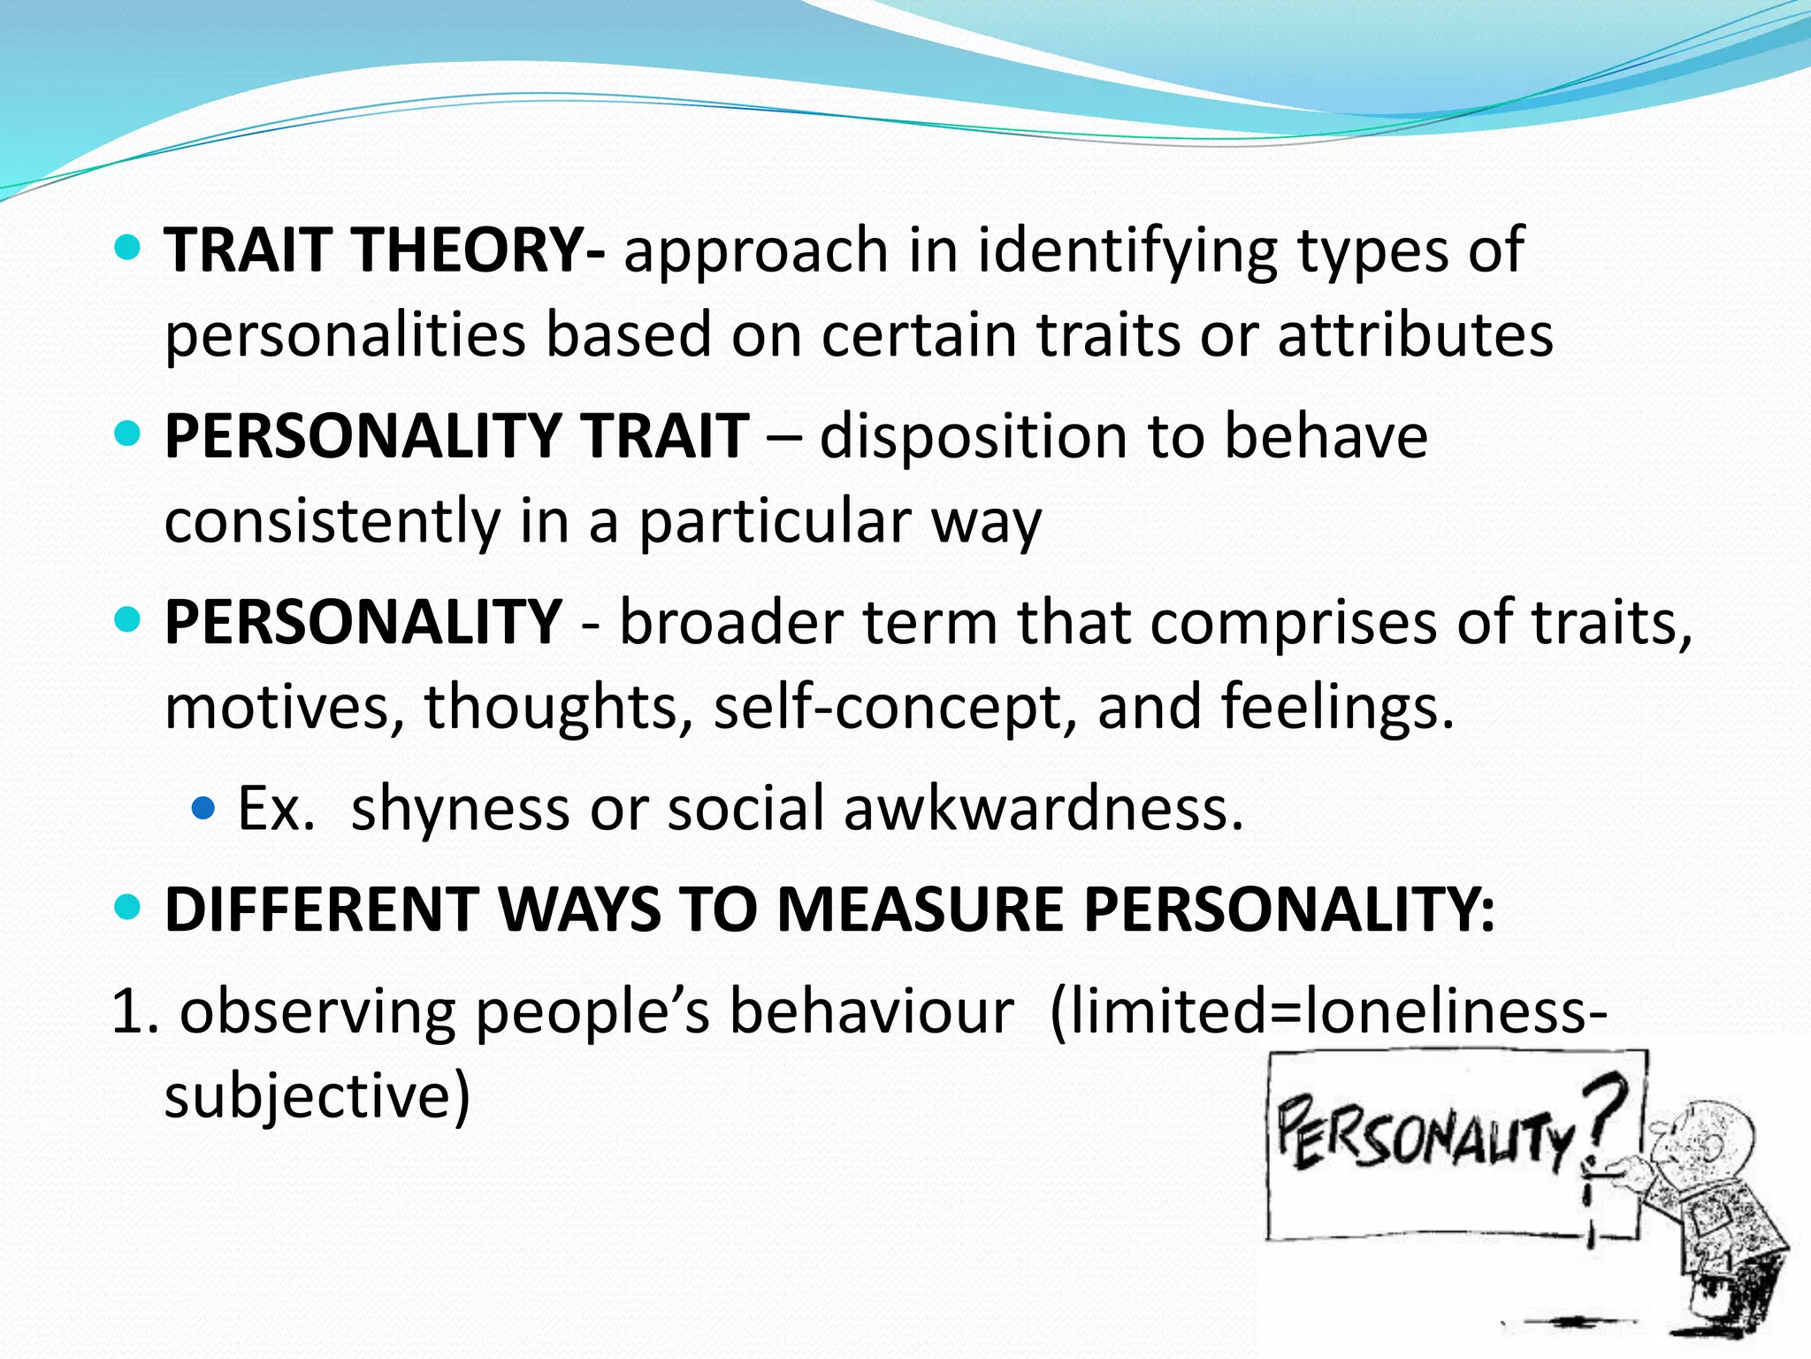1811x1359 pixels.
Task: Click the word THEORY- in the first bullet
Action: click(x=479, y=250)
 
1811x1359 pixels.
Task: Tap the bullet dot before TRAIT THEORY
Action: click(x=128, y=248)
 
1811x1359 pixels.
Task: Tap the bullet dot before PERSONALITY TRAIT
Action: click(x=128, y=434)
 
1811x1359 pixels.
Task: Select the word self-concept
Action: click(x=895, y=708)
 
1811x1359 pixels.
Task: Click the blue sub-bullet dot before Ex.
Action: click(x=203, y=808)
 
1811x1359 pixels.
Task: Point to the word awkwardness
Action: click(x=1043, y=808)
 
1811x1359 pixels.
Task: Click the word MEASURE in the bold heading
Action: click(x=920, y=909)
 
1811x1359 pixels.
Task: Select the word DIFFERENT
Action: click(x=322, y=909)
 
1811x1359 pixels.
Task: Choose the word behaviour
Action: click(x=871, y=1011)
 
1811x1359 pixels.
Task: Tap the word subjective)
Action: click(x=317, y=1097)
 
